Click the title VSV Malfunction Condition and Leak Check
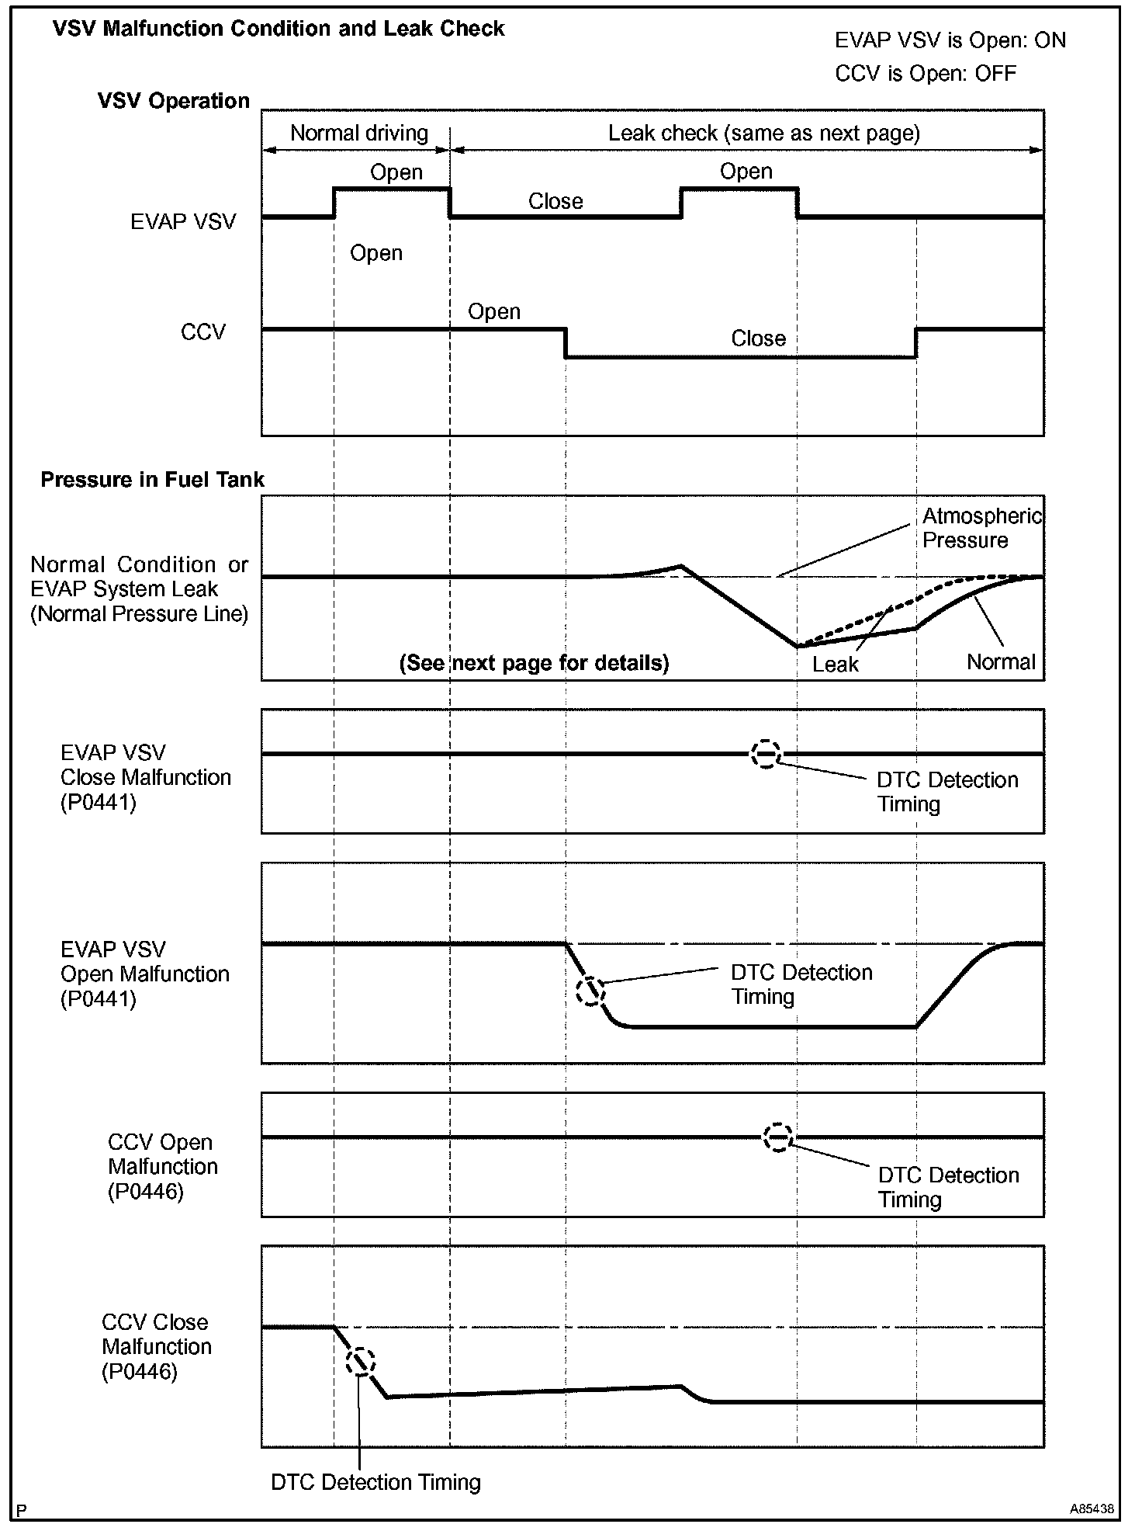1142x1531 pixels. pyautogui.click(x=279, y=30)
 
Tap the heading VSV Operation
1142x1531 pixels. pyautogui.click(x=174, y=101)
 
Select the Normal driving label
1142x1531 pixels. pyautogui.click(x=358, y=133)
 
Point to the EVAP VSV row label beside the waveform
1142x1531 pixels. pyautogui.click(x=183, y=222)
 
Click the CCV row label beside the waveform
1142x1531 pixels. pyautogui.click(x=203, y=332)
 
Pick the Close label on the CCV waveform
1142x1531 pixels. pyautogui.click(x=758, y=338)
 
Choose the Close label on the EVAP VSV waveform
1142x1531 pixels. pyautogui.click(x=555, y=202)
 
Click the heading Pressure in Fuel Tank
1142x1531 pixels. pyautogui.click(x=152, y=480)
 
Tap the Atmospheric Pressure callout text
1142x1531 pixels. pyautogui.click(x=981, y=528)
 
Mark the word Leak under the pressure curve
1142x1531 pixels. pyautogui.click(x=836, y=665)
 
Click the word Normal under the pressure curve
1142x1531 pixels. pyautogui.click(x=1001, y=662)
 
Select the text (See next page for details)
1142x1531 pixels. pyautogui.click(x=534, y=663)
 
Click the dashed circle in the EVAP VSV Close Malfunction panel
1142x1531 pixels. pyautogui.click(x=766, y=754)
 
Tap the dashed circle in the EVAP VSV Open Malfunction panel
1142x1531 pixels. pyautogui.click(x=590, y=991)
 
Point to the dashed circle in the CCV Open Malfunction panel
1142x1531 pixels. pyautogui.click(x=777, y=1137)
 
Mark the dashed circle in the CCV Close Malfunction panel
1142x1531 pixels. pyautogui.click(x=361, y=1361)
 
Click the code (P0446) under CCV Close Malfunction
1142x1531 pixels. pyautogui.click(x=140, y=1372)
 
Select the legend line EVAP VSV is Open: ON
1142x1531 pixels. pyautogui.click(x=950, y=40)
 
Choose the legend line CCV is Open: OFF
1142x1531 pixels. pyautogui.click(x=926, y=74)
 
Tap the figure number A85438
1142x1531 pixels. pyautogui.click(x=1092, y=1509)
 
